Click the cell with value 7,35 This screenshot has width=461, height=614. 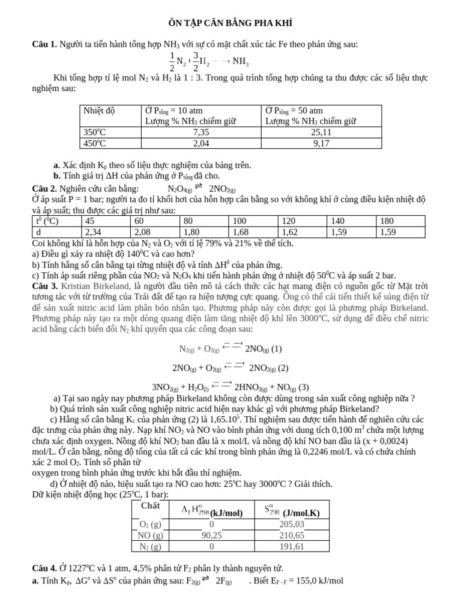tap(201, 132)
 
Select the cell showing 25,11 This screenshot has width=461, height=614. tap(321, 132)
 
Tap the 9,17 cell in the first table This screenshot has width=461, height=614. tap(321, 143)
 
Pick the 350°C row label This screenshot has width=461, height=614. tap(95, 132)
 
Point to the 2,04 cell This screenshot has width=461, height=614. tap(201, 143)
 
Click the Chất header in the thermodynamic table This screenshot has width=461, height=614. tap(150, 506)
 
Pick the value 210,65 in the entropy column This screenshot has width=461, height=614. tap(292, 535)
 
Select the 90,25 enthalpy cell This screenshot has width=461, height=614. tap(211, 535)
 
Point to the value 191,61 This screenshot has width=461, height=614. tap(292, 546)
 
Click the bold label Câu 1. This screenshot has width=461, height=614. tap(44, 44)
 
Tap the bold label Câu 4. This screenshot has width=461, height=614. tap(44, 568)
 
